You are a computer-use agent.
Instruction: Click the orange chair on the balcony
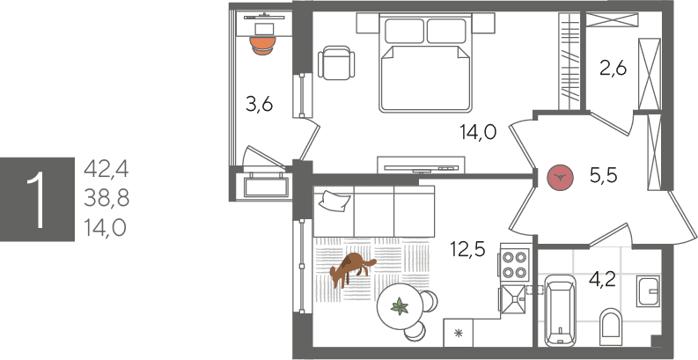tap(262, 46)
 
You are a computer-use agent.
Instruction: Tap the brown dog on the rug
tap(352, 268)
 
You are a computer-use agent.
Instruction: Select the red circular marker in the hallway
tap(560, 178)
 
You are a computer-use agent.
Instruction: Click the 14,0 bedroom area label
tap(478, 132)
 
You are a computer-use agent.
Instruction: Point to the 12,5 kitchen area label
tap(467, 250)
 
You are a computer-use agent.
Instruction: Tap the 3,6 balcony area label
tap(259, 105)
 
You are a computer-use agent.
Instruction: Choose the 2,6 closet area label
tap(613, 69)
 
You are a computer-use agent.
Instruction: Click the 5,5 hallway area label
tap(603, 177)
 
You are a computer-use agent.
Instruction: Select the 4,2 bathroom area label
tap(602, 279)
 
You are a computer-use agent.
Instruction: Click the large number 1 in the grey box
tap(37, 199)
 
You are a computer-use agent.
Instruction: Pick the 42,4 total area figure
tap(106, 169)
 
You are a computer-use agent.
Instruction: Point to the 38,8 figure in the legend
tap(107, 198)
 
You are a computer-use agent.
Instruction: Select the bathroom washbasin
tap(648, 291)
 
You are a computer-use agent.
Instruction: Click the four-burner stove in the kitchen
tap(515, 265)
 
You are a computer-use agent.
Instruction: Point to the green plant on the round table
tap(400, 306)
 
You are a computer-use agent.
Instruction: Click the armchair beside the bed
tap(336, 62)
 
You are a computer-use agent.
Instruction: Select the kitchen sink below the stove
tap(515, 299)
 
